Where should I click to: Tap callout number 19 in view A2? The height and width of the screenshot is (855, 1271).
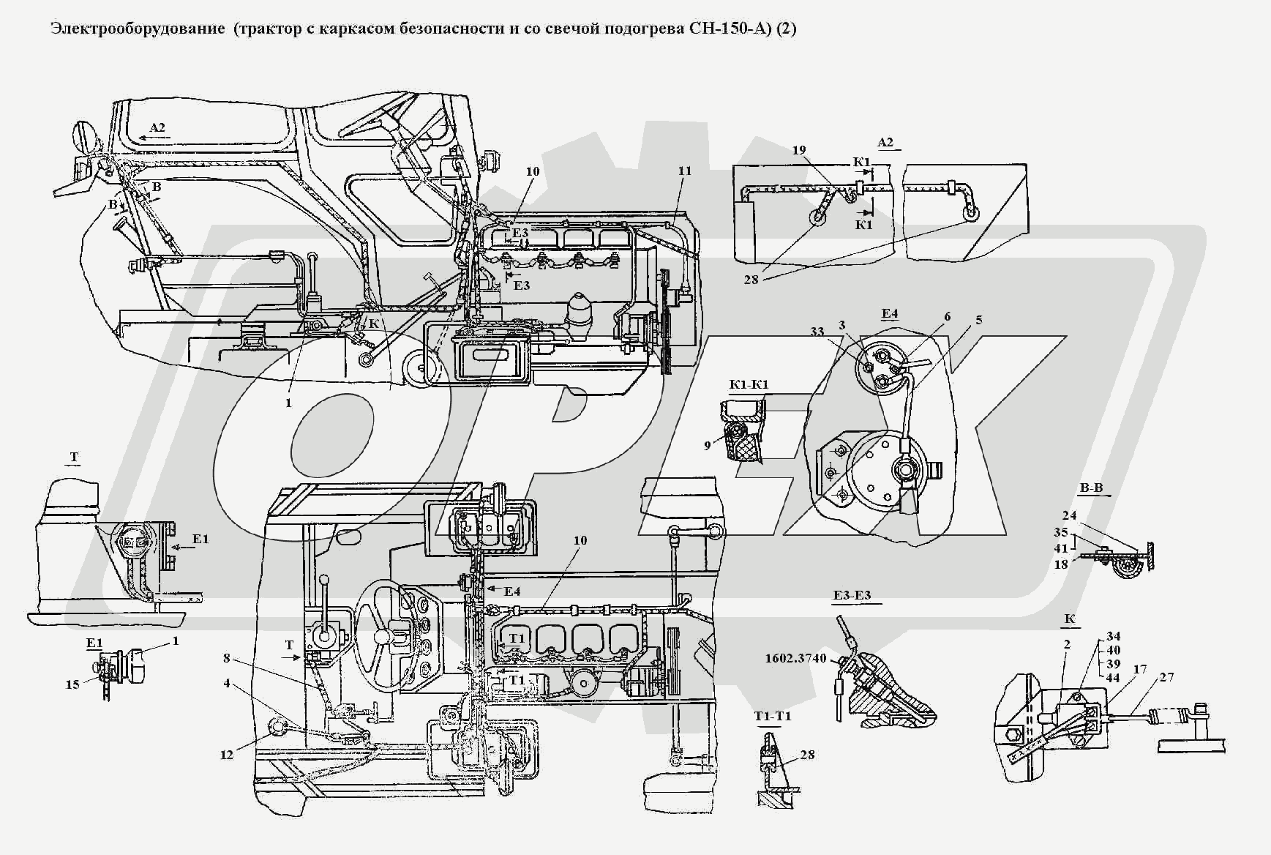click(x=799, y=150)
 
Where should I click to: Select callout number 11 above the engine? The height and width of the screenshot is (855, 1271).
click(x=684, y=171)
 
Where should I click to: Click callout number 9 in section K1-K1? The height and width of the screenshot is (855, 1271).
click(x=708, y=444)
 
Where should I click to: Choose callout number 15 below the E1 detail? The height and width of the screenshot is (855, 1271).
click(x=72, y=685)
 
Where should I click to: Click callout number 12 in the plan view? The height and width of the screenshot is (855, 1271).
click(x=228, y=755)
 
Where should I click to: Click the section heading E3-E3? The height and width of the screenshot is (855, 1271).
click(x=852, y=595)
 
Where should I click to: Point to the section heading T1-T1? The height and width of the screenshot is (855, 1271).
click(x=773, y=717)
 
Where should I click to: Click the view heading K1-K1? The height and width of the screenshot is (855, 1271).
click(x=748, y=385)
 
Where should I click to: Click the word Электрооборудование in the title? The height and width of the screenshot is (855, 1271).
click(x=138, y=29)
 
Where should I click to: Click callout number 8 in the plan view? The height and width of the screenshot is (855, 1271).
click(x=228, y=658)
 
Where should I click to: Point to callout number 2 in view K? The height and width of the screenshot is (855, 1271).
click(x=1067, y=645)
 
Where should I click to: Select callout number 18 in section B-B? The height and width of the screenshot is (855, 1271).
click(x=1060, y=564)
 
